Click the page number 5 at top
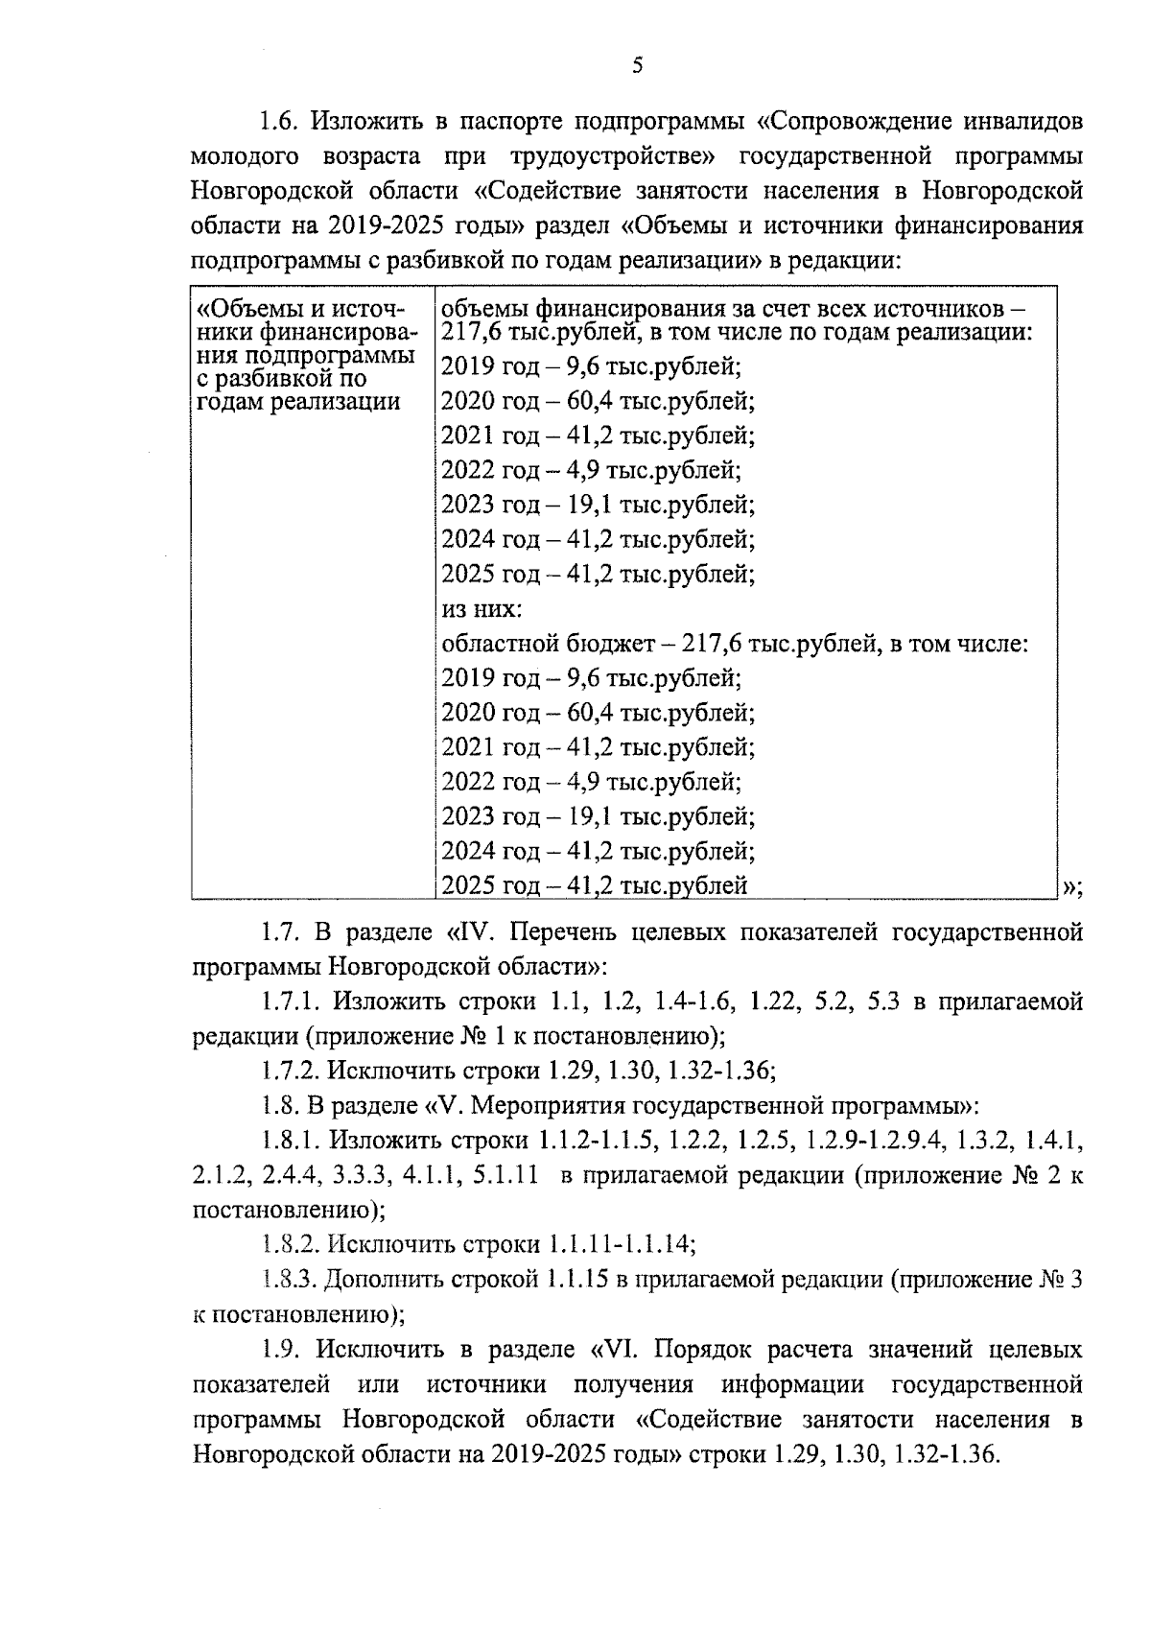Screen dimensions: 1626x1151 click(638, 65)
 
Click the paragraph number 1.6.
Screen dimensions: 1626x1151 click(280, 122)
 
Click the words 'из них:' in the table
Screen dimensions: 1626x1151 click(482, 609)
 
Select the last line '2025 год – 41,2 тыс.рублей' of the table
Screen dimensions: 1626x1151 click(595, 885)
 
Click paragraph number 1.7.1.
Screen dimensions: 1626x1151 click(291, 1002)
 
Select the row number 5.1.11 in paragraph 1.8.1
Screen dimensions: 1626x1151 click(505, 1176)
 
